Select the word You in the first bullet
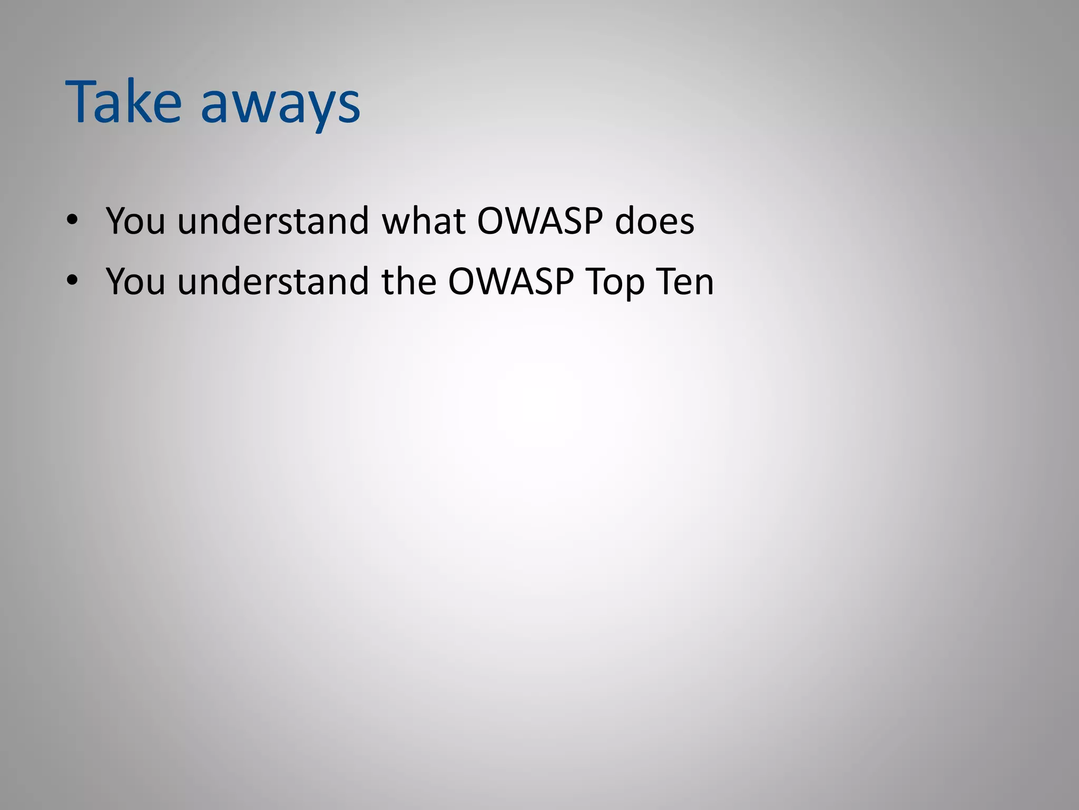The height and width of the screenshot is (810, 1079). click(135, 220)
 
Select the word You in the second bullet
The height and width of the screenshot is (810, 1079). click(135, 282)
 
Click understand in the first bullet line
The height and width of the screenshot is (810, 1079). click(273, 220)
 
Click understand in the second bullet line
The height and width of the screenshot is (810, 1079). click(273, 282)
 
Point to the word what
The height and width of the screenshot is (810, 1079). click(424, 220)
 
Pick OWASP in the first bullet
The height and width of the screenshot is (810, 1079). click(540, 220)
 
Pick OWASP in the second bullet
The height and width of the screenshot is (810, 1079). click(511, 282)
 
